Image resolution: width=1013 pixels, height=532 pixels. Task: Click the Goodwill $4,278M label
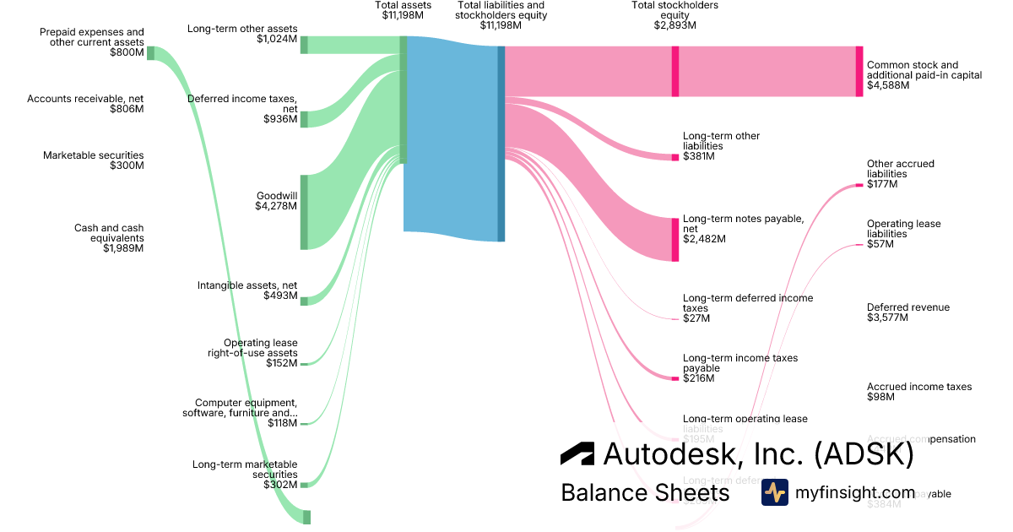click(276, 200)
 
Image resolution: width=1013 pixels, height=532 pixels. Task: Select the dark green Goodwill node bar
click(304, 212)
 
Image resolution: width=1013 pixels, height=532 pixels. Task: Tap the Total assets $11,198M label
click(403, 10)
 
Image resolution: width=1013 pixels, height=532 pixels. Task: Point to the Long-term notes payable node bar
click(675, 239)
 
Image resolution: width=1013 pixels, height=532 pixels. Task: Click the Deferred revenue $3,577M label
click(907, 312)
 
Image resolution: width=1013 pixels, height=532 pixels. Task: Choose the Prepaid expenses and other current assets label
click(91, 42)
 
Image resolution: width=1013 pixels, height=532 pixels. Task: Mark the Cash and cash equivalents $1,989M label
click(109, 238)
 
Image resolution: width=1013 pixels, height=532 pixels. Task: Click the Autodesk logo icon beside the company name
click(577, 453)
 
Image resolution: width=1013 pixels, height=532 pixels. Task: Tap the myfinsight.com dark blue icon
click(774, 492)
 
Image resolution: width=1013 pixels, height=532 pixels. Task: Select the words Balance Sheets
click(645, 492)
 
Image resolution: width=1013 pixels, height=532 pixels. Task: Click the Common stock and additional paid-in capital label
click(924, 75)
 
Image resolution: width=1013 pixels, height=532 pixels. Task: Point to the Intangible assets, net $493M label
click(246, 290)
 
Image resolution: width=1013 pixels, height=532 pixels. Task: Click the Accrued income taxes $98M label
click(918, 392)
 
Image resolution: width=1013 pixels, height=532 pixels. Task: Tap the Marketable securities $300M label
click(93, 160)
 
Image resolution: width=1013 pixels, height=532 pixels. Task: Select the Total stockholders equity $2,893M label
click(675, 15)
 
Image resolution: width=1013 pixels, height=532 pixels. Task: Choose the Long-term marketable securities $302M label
click(245, 475)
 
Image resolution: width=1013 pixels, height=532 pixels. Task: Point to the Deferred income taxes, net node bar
click(304, 119)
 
